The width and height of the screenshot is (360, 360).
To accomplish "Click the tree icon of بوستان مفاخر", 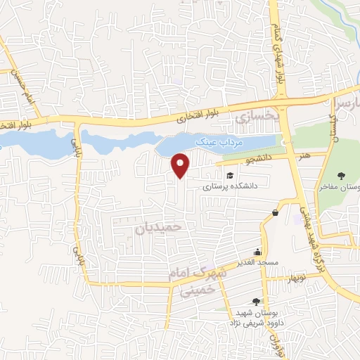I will point(342,176).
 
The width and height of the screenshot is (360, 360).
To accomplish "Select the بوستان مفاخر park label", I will point(340,188).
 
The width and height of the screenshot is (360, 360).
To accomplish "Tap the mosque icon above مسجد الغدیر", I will point(258,252).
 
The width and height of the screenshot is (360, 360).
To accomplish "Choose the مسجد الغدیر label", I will point(257,262).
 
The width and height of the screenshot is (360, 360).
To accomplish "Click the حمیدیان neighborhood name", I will point(158,227).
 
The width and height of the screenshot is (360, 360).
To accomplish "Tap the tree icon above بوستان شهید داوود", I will point(265,301).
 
